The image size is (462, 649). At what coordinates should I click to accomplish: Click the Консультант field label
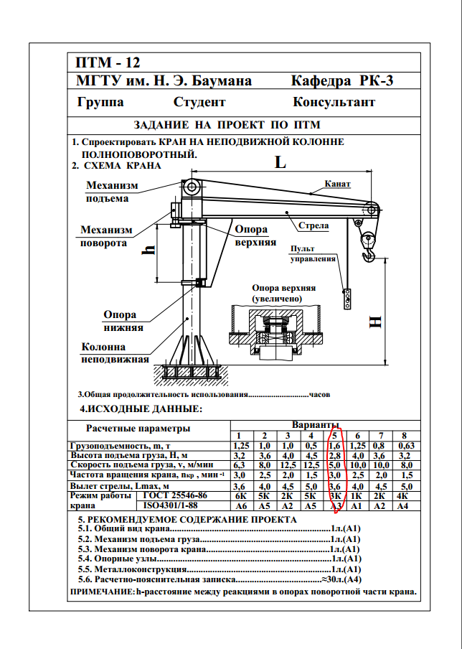tap(334, 102)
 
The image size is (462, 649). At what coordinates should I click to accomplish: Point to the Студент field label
tap(199, 102)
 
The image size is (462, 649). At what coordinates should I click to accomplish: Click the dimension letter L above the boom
tap(280, 162)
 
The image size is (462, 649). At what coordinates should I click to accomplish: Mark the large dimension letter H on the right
tap(376, 322)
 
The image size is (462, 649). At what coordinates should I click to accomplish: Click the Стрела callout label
tap(313, 225)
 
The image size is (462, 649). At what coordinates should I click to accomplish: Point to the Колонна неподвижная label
tap(114, 354)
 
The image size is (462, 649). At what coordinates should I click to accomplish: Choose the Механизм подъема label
tap(111, 192)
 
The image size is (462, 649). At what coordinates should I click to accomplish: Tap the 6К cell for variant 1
tap(241, 496)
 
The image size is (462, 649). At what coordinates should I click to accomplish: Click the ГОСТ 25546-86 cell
tap(175, 496)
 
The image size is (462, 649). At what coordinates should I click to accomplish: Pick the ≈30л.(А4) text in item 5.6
tap(343, 579)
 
